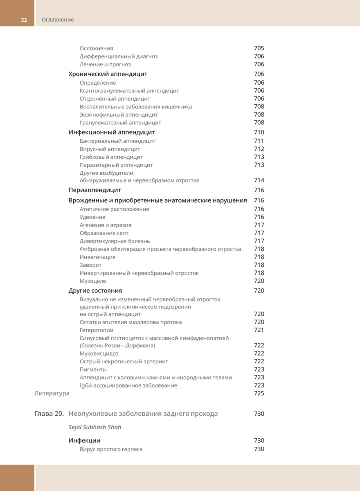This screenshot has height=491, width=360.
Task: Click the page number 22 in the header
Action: click(24, 20)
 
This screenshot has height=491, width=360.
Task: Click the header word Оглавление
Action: click(58, 20)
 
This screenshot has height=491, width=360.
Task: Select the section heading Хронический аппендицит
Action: click(108, 74)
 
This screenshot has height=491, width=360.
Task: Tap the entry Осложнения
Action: click(96, 48)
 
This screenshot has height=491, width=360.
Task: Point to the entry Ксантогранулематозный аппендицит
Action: click(129, 91)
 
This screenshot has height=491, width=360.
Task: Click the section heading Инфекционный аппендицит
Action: click(111, 132)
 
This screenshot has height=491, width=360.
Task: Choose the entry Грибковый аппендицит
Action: click(111, 157)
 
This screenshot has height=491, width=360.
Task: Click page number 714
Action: click(259, 180)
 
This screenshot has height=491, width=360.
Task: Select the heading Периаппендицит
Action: click(94, 190)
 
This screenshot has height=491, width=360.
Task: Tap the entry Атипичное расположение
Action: click(114, 209)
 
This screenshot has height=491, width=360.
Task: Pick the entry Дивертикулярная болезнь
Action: click(115, 241)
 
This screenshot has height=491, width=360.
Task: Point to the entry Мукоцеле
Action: click(93, 281)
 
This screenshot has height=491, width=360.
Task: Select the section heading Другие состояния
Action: click(95, 291)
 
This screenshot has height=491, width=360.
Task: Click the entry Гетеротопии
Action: click(97, 330)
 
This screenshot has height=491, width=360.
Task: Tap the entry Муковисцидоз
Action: click(99, 354)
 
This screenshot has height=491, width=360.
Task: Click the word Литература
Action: click(51, 394)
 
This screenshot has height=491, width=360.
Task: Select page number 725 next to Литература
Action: click(259, 394)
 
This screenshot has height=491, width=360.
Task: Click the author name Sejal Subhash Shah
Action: click(94, 427)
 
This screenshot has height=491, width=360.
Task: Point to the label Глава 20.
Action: click(49, 414)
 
